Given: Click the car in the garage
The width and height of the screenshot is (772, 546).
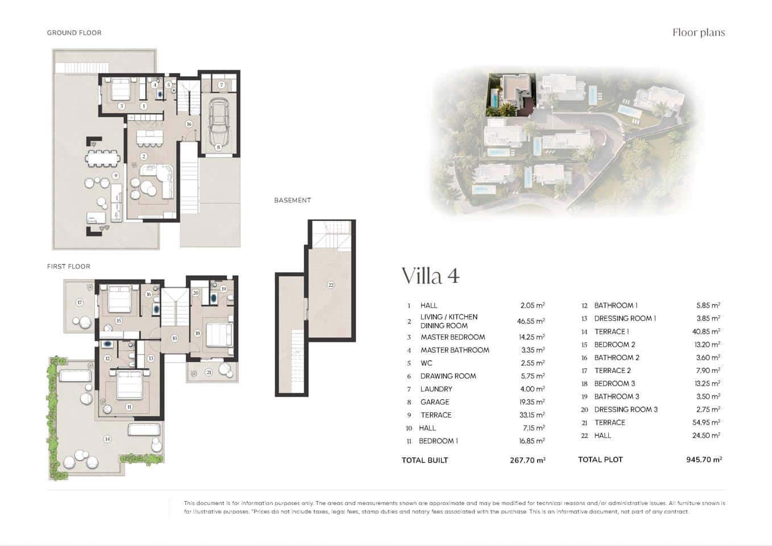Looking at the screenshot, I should [x=218, y=122].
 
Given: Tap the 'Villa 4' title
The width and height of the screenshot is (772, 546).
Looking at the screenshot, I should [x=430, y=276].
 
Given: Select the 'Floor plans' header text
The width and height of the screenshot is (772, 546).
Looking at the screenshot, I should [x=698, y=32].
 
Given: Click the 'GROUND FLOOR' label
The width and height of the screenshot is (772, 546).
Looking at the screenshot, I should [x=74, y=33].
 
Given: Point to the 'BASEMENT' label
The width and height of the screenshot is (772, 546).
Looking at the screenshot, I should [x=292, y=200].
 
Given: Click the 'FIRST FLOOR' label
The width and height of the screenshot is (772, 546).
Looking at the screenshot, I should [x=68, y=266].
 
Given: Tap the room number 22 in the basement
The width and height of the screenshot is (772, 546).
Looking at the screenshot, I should [x=331, y=285].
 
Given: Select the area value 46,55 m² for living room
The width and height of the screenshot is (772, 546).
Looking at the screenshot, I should [x=531, y=321].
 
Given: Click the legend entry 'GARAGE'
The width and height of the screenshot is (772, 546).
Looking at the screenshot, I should [x=435, y=402].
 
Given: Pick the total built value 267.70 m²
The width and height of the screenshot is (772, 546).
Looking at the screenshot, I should [x=527, y=460].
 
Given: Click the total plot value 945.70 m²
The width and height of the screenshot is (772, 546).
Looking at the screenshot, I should [x=704, y=460].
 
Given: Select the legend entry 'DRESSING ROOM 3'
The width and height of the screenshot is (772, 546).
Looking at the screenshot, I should [x=626, y=409].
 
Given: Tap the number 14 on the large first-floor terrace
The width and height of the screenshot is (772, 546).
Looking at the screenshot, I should [x=107, y=439].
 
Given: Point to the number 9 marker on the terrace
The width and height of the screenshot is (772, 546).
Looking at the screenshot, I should [x=115, y=176].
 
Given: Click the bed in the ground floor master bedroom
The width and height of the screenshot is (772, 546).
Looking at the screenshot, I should [x=121, y=89].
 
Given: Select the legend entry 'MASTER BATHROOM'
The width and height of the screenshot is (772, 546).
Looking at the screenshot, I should [x=455, y=350].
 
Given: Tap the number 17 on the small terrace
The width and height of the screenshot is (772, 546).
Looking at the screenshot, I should [x=80, y=303].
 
